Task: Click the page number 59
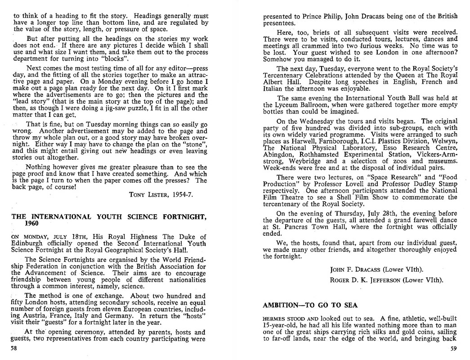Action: click(453, 348)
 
